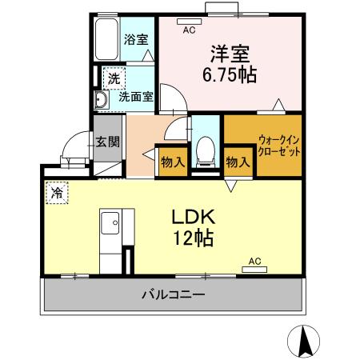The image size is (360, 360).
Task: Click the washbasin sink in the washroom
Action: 101,99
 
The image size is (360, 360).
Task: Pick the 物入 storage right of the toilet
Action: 238,161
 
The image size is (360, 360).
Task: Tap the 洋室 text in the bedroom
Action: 231,54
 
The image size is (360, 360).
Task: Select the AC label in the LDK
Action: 254,261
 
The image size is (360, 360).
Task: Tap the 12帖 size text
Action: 190,238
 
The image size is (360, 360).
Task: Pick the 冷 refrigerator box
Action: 57,193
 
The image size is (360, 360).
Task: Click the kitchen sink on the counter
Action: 109,220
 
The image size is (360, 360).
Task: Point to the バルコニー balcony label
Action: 173,294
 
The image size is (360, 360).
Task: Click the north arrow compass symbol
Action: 304,342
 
